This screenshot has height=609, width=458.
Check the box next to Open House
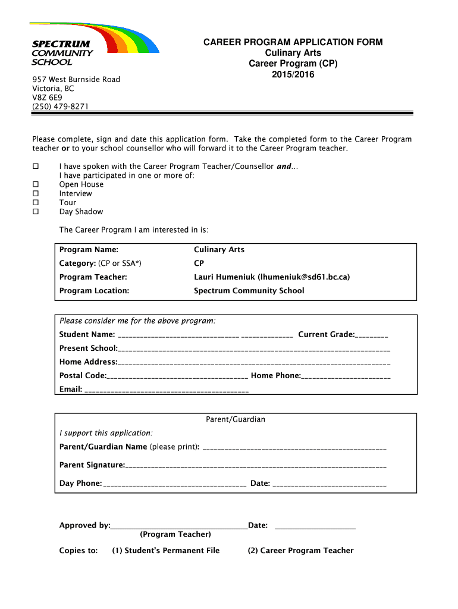coord(36,184)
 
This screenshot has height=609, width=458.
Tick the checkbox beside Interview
coord(36,193)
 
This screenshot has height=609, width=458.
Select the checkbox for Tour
coord(36,202)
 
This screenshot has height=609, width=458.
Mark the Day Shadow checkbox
coord(36,212)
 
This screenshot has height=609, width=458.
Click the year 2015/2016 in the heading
coord(293,74)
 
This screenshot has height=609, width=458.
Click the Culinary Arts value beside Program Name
coord(219,250)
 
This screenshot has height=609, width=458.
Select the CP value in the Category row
coord(199,263)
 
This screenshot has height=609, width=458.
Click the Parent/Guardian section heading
coord(236,419)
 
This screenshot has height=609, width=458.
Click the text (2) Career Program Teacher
coord(300,551)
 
